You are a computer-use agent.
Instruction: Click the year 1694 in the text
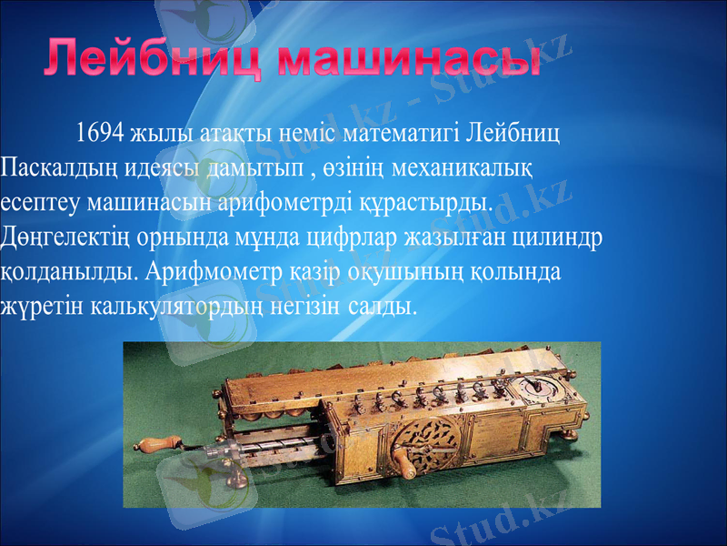pos(100,133)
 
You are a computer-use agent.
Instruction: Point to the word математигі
pos(401,133)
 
